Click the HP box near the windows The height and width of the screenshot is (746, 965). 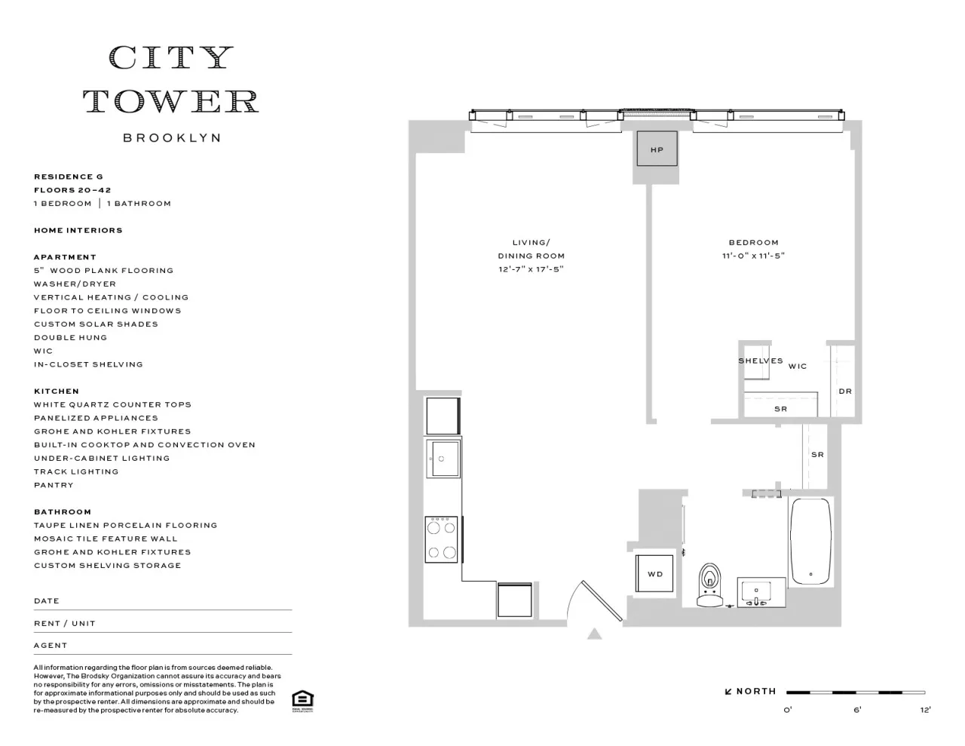[x=657, y=149]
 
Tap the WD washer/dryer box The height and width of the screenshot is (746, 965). [x=655, y=574]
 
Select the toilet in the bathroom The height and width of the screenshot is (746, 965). [x=709, y=585]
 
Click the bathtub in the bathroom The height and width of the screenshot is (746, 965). [x=810, y=541]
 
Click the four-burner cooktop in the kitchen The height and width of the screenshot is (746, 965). [x=442, y=539]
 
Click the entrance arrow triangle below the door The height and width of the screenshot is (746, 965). [x=595, y=634]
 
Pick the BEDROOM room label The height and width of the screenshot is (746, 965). [x=753, y=243]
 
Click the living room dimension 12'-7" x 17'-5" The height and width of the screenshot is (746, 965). [x=531, y=269]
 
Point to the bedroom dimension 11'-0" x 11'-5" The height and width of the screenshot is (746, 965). [x=753, y=256]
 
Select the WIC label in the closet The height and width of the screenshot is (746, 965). [x=798, y=367]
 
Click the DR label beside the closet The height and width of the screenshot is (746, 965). [x=845, y=391]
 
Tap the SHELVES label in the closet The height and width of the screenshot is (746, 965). [x=760, y=361]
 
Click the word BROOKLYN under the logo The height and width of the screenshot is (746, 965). [x=172, y=138]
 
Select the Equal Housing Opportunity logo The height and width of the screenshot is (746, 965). [x=302, y=701]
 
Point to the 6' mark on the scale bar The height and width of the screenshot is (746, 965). [x=857, y=709]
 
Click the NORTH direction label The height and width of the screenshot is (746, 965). [x=755, y=692]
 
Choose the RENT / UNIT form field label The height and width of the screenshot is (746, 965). [x=65, y=624]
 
